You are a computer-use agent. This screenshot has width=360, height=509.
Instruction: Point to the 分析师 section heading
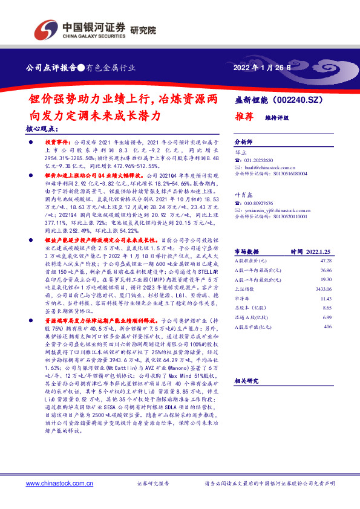[244, 138]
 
